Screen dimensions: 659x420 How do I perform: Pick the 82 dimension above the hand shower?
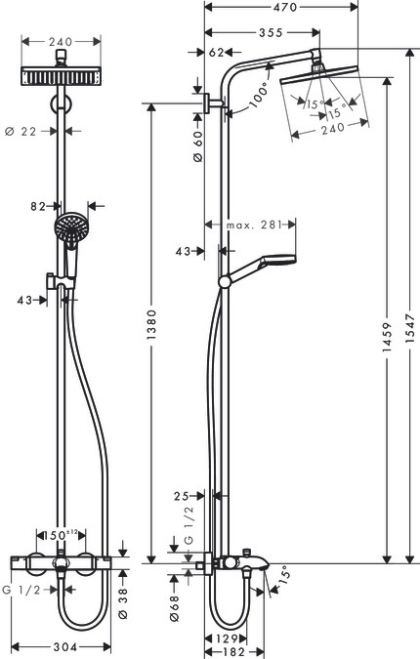[41, 206]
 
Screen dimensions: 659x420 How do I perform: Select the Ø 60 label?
[197, 146]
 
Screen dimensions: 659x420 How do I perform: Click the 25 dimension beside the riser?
[182, 496]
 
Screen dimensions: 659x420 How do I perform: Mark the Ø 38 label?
[123, 605]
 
